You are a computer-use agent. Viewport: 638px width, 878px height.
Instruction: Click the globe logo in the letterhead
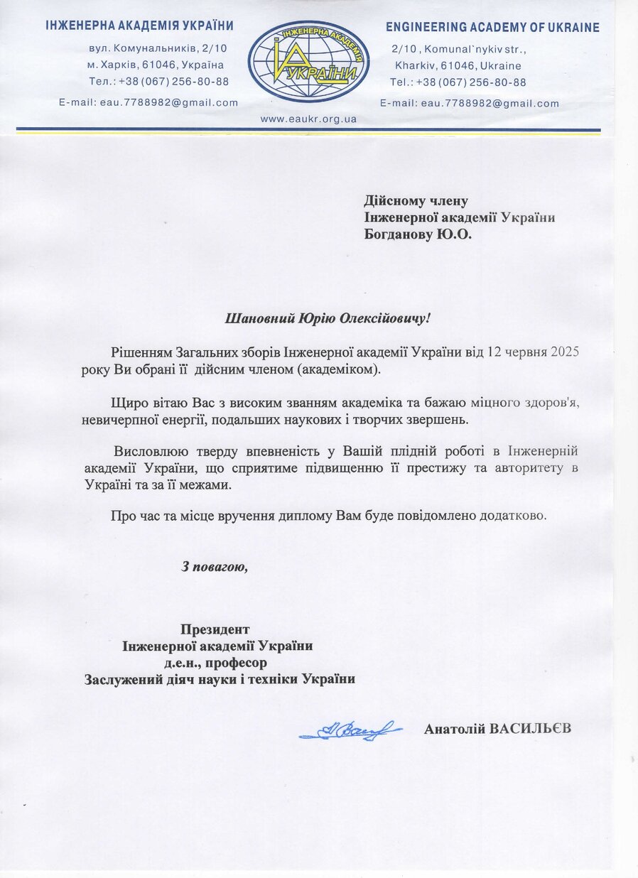pyautogui.click(x=308, y=62)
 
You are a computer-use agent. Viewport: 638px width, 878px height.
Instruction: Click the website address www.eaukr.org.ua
pyautogui.click(x=308, y=119)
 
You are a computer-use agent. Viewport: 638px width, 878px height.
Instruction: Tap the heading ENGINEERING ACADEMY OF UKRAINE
pyautogui.click(x=492, y=28)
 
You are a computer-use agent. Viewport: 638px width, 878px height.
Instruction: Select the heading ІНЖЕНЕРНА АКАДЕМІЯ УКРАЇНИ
pyautogui.click(x=139, y=26)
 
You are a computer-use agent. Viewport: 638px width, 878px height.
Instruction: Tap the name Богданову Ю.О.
pyautogui.click(x=417, y=234)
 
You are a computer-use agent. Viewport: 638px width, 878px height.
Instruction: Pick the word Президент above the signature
pyautogui.click(x=215, y=629)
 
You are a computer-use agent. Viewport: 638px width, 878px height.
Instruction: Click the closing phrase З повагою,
pyautogui.click(x=215, y=567)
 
